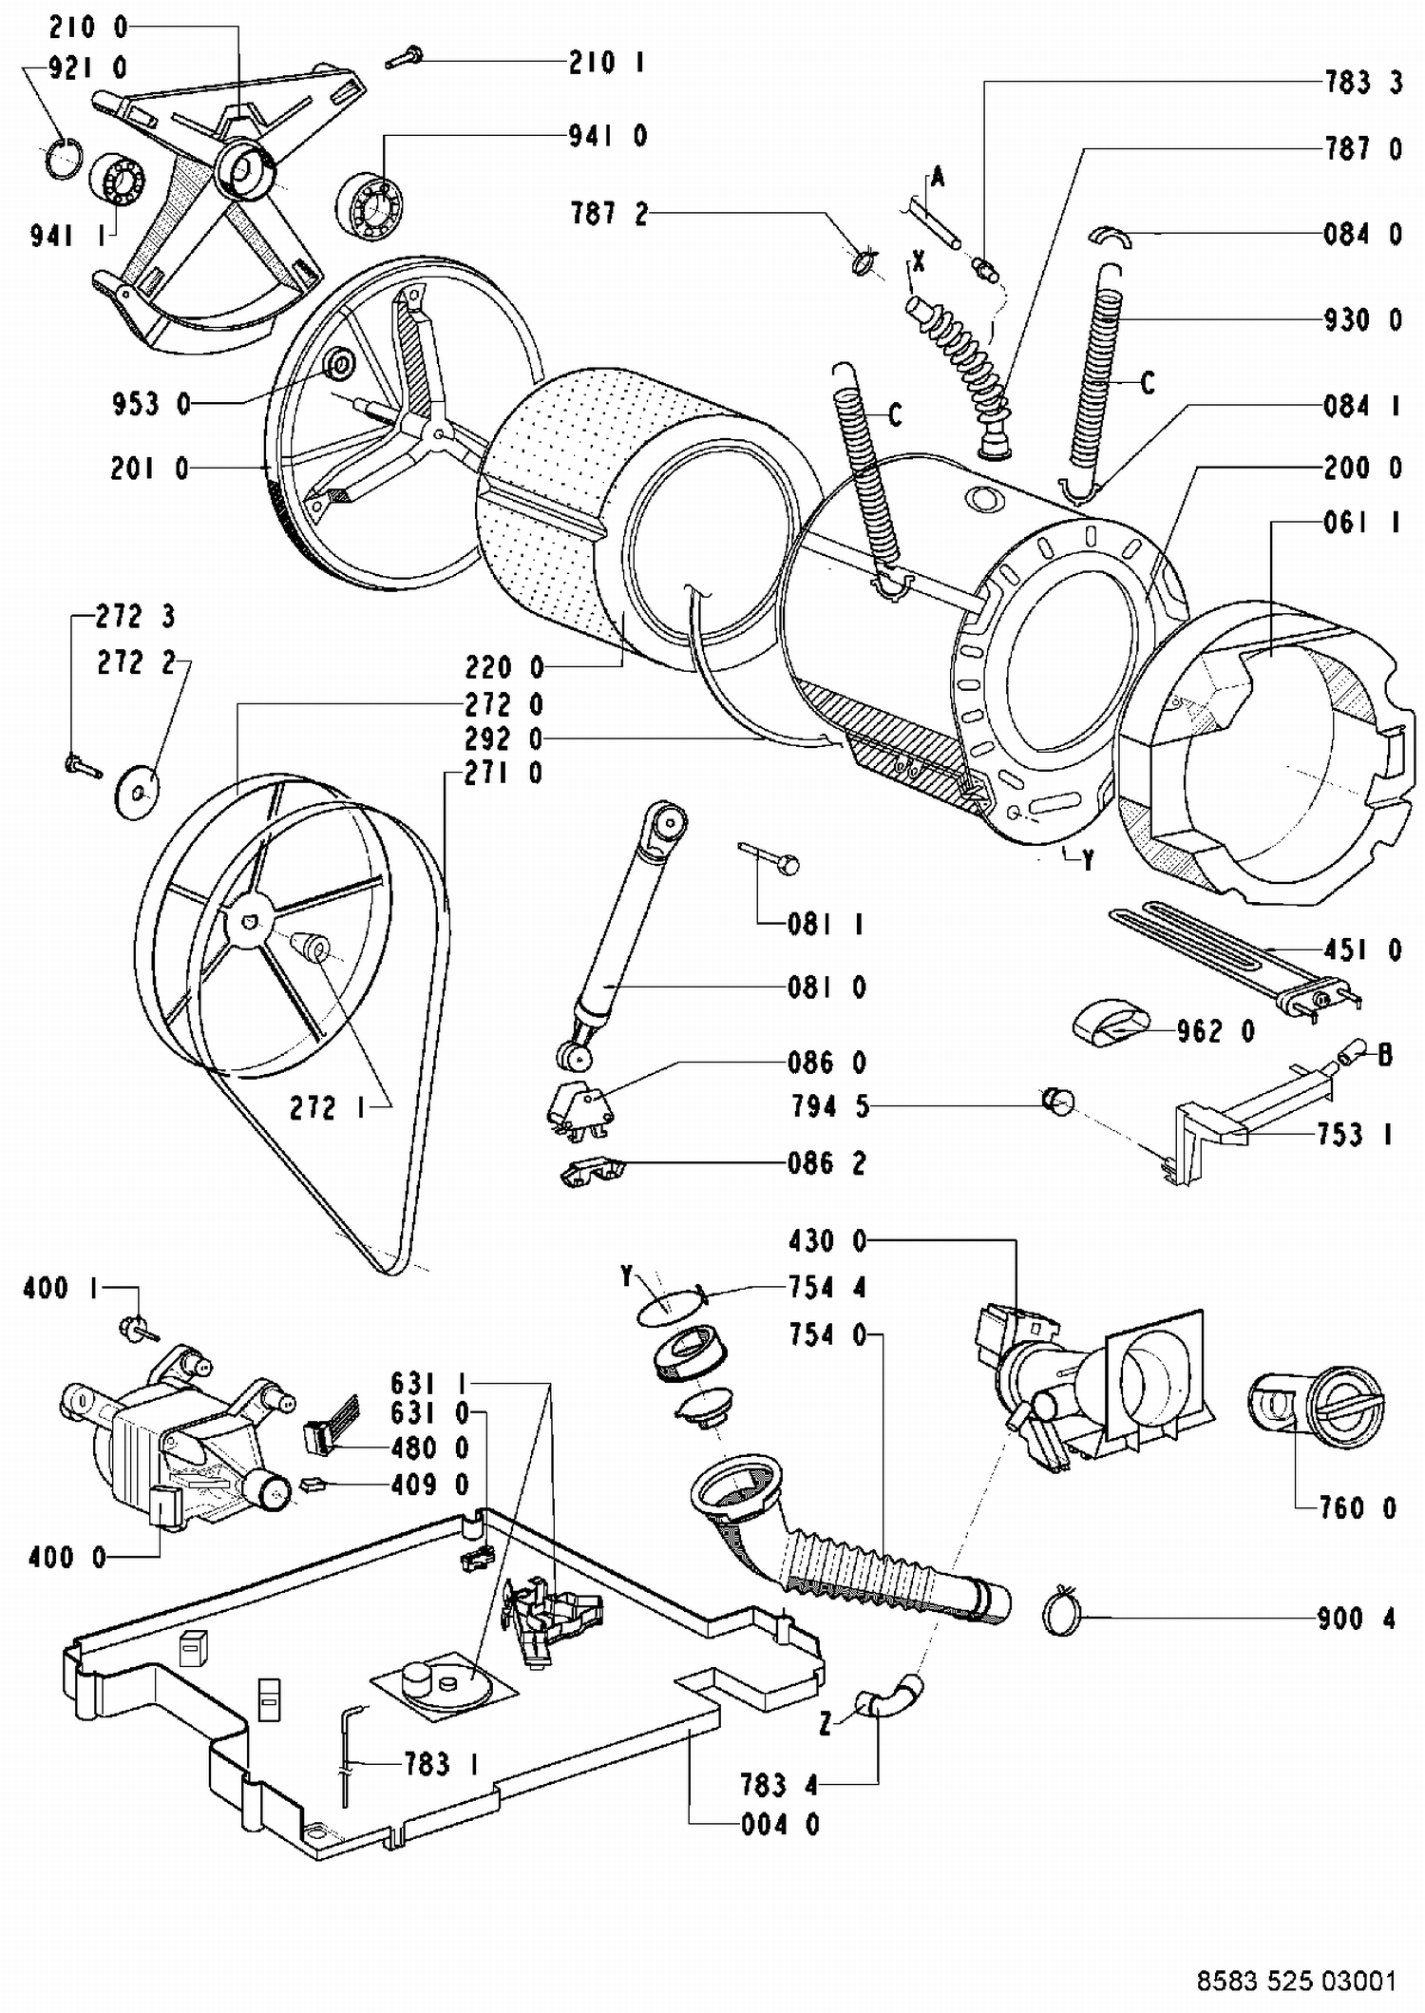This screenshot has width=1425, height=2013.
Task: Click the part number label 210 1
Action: [606, 63]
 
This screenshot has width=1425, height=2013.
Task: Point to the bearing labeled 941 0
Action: [370, 204]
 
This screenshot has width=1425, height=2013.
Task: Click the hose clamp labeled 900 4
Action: [1062, 1613]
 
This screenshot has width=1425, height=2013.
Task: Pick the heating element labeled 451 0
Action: [1235, 959]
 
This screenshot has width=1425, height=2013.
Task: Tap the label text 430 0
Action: [826, 1240]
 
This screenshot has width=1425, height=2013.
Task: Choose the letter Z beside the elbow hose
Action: [826, 1723]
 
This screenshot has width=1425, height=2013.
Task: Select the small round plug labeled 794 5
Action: [1057, 1102]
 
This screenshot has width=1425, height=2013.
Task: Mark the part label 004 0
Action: [780, 1824]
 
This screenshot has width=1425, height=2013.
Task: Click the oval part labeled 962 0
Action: [1111, 1023]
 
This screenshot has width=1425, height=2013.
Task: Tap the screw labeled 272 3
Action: [84, 763]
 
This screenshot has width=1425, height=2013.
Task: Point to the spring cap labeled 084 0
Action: [1111, 235]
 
